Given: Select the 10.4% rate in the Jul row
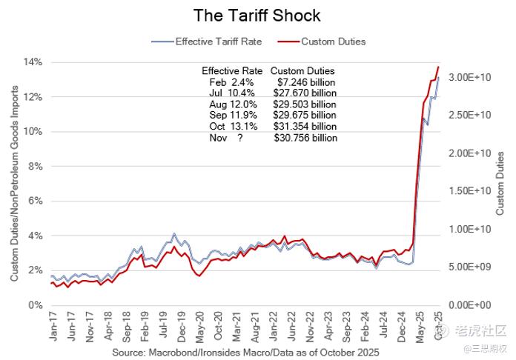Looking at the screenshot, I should tap(244, 93).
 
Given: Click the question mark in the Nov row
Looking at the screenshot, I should tap(240, 138).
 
